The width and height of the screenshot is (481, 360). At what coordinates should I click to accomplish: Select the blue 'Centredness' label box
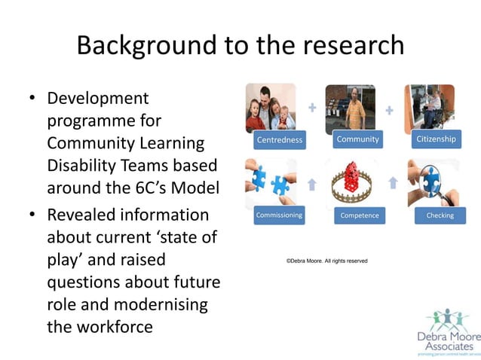(279, 139)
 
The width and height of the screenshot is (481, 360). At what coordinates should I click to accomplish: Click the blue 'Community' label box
(358, 139)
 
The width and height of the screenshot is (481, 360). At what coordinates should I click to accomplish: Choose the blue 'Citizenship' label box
(436, 139)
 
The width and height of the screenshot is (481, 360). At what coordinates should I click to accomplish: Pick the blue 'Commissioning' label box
(279, 215)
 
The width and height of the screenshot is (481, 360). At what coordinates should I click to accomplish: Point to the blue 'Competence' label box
(358, 215)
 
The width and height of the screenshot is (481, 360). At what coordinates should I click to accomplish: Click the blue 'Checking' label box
(440, 215)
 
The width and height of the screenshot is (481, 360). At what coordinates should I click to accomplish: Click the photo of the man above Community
(351, 108)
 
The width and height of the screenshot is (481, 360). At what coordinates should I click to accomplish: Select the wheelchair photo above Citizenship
(429, 108)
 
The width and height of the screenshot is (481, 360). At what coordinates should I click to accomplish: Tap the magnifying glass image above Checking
(432, 182)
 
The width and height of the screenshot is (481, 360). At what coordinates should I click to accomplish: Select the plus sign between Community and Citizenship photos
(390, 111)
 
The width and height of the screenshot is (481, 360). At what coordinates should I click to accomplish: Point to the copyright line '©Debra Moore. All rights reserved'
(326, 261)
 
